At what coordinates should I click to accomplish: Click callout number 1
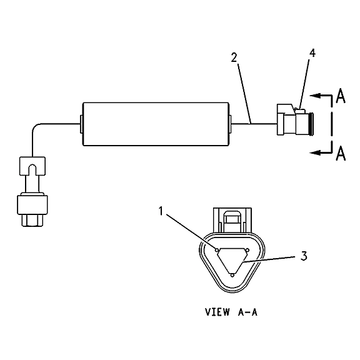161,211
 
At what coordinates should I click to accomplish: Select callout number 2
234,57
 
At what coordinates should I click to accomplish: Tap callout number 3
304,256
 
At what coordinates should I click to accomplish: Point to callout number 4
312,52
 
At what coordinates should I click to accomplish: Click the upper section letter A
341,96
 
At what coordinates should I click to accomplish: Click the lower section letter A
341,153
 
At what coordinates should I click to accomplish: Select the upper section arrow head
315,96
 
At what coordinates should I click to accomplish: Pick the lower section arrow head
315,152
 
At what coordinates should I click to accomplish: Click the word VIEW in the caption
217,312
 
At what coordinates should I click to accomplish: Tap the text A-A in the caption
247,312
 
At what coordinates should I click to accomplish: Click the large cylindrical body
156,124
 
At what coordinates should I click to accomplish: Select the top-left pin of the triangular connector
217,249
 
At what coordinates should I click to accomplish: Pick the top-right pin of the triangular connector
247,249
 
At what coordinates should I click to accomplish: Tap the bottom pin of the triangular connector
232,275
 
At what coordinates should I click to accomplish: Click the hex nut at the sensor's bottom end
32,221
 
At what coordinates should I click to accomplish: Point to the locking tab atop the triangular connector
232,221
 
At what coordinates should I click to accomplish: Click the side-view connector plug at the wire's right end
295,119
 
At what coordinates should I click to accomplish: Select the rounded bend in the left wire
36,127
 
